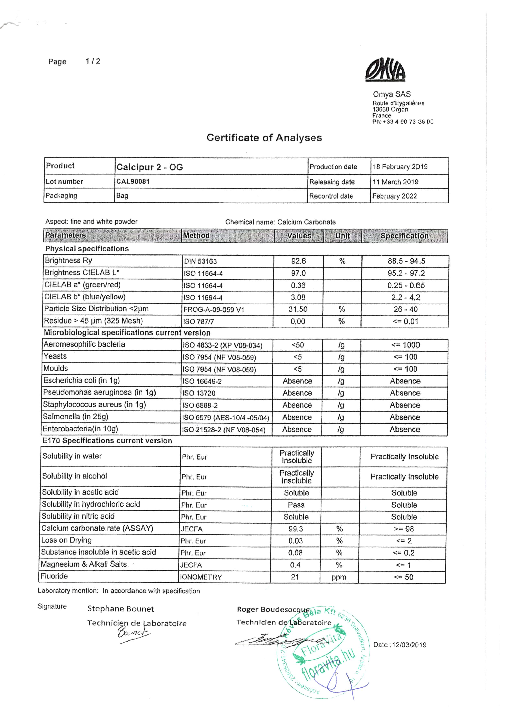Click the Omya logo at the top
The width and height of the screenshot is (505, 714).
coord(385,70)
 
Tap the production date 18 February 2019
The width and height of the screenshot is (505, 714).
coord(400,167)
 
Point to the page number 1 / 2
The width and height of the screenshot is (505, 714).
coord(93,61)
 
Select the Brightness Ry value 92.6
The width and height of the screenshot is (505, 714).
coord(298,261)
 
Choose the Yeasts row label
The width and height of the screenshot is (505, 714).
coord(55,356)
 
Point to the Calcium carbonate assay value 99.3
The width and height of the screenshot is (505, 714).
coord(295,529)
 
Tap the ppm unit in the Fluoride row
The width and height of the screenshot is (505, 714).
coord(339,577)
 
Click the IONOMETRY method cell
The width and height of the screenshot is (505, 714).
coord(201,577)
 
